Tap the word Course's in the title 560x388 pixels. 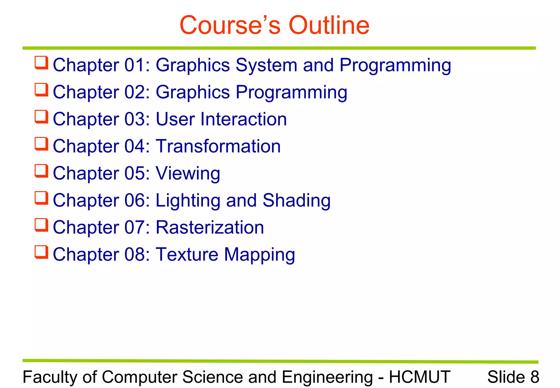pos(230,25)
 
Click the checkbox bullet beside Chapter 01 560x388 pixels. pos(42,63)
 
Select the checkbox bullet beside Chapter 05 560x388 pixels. pos(42,171)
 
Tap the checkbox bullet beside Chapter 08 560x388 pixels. pos(42,252)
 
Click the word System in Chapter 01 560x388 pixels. pos(266,65)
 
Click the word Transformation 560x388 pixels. pos(218,146)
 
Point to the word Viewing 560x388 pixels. pos(188,173)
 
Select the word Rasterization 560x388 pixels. pos(210,227)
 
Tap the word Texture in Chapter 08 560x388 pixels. pos(187,254)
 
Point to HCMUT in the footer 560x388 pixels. pos(419,377)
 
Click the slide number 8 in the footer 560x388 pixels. pos(535,377)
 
